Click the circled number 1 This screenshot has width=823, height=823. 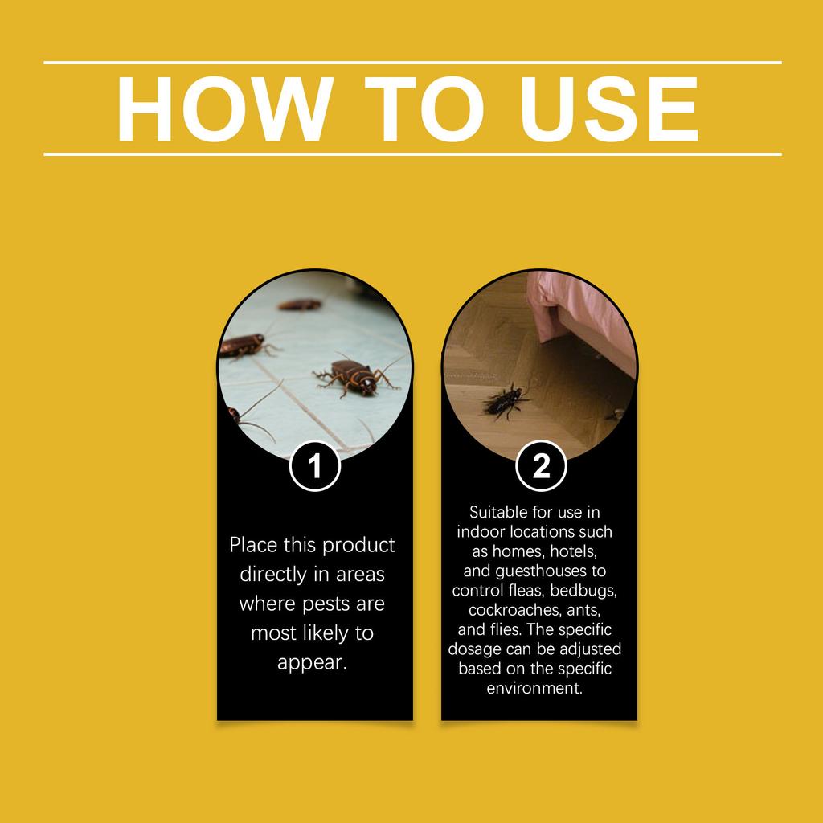(x=315, y=466)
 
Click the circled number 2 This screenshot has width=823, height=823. (x=541, y=466)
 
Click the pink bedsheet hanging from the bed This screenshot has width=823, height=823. (x=579, y=309)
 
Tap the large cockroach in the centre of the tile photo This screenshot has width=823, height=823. (x=354, y=376)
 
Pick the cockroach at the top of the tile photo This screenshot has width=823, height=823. (x=300, y=305)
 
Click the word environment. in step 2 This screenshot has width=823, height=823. (x=534, y=688)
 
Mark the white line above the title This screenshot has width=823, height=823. (x=411, y=62)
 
